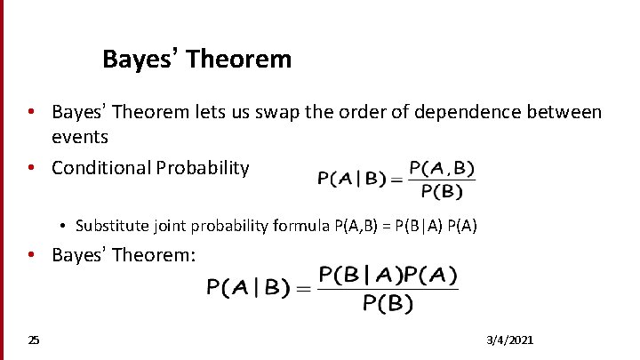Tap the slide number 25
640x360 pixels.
coord(34,340)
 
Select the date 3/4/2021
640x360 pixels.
coord(511,340)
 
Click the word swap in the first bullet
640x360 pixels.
coord(287,113)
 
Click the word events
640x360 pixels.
coord(80,137)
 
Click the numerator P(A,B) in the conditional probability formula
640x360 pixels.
coord(442,168)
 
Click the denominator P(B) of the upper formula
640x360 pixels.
coord(442,190)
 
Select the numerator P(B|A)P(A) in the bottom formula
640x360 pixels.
coord(388,276)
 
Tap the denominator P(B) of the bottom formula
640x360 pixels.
coord(388,304)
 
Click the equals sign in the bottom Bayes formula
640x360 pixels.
coord(304,288)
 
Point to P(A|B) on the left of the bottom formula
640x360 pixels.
coord(249,288)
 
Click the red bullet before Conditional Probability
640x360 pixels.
coord(30,167)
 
